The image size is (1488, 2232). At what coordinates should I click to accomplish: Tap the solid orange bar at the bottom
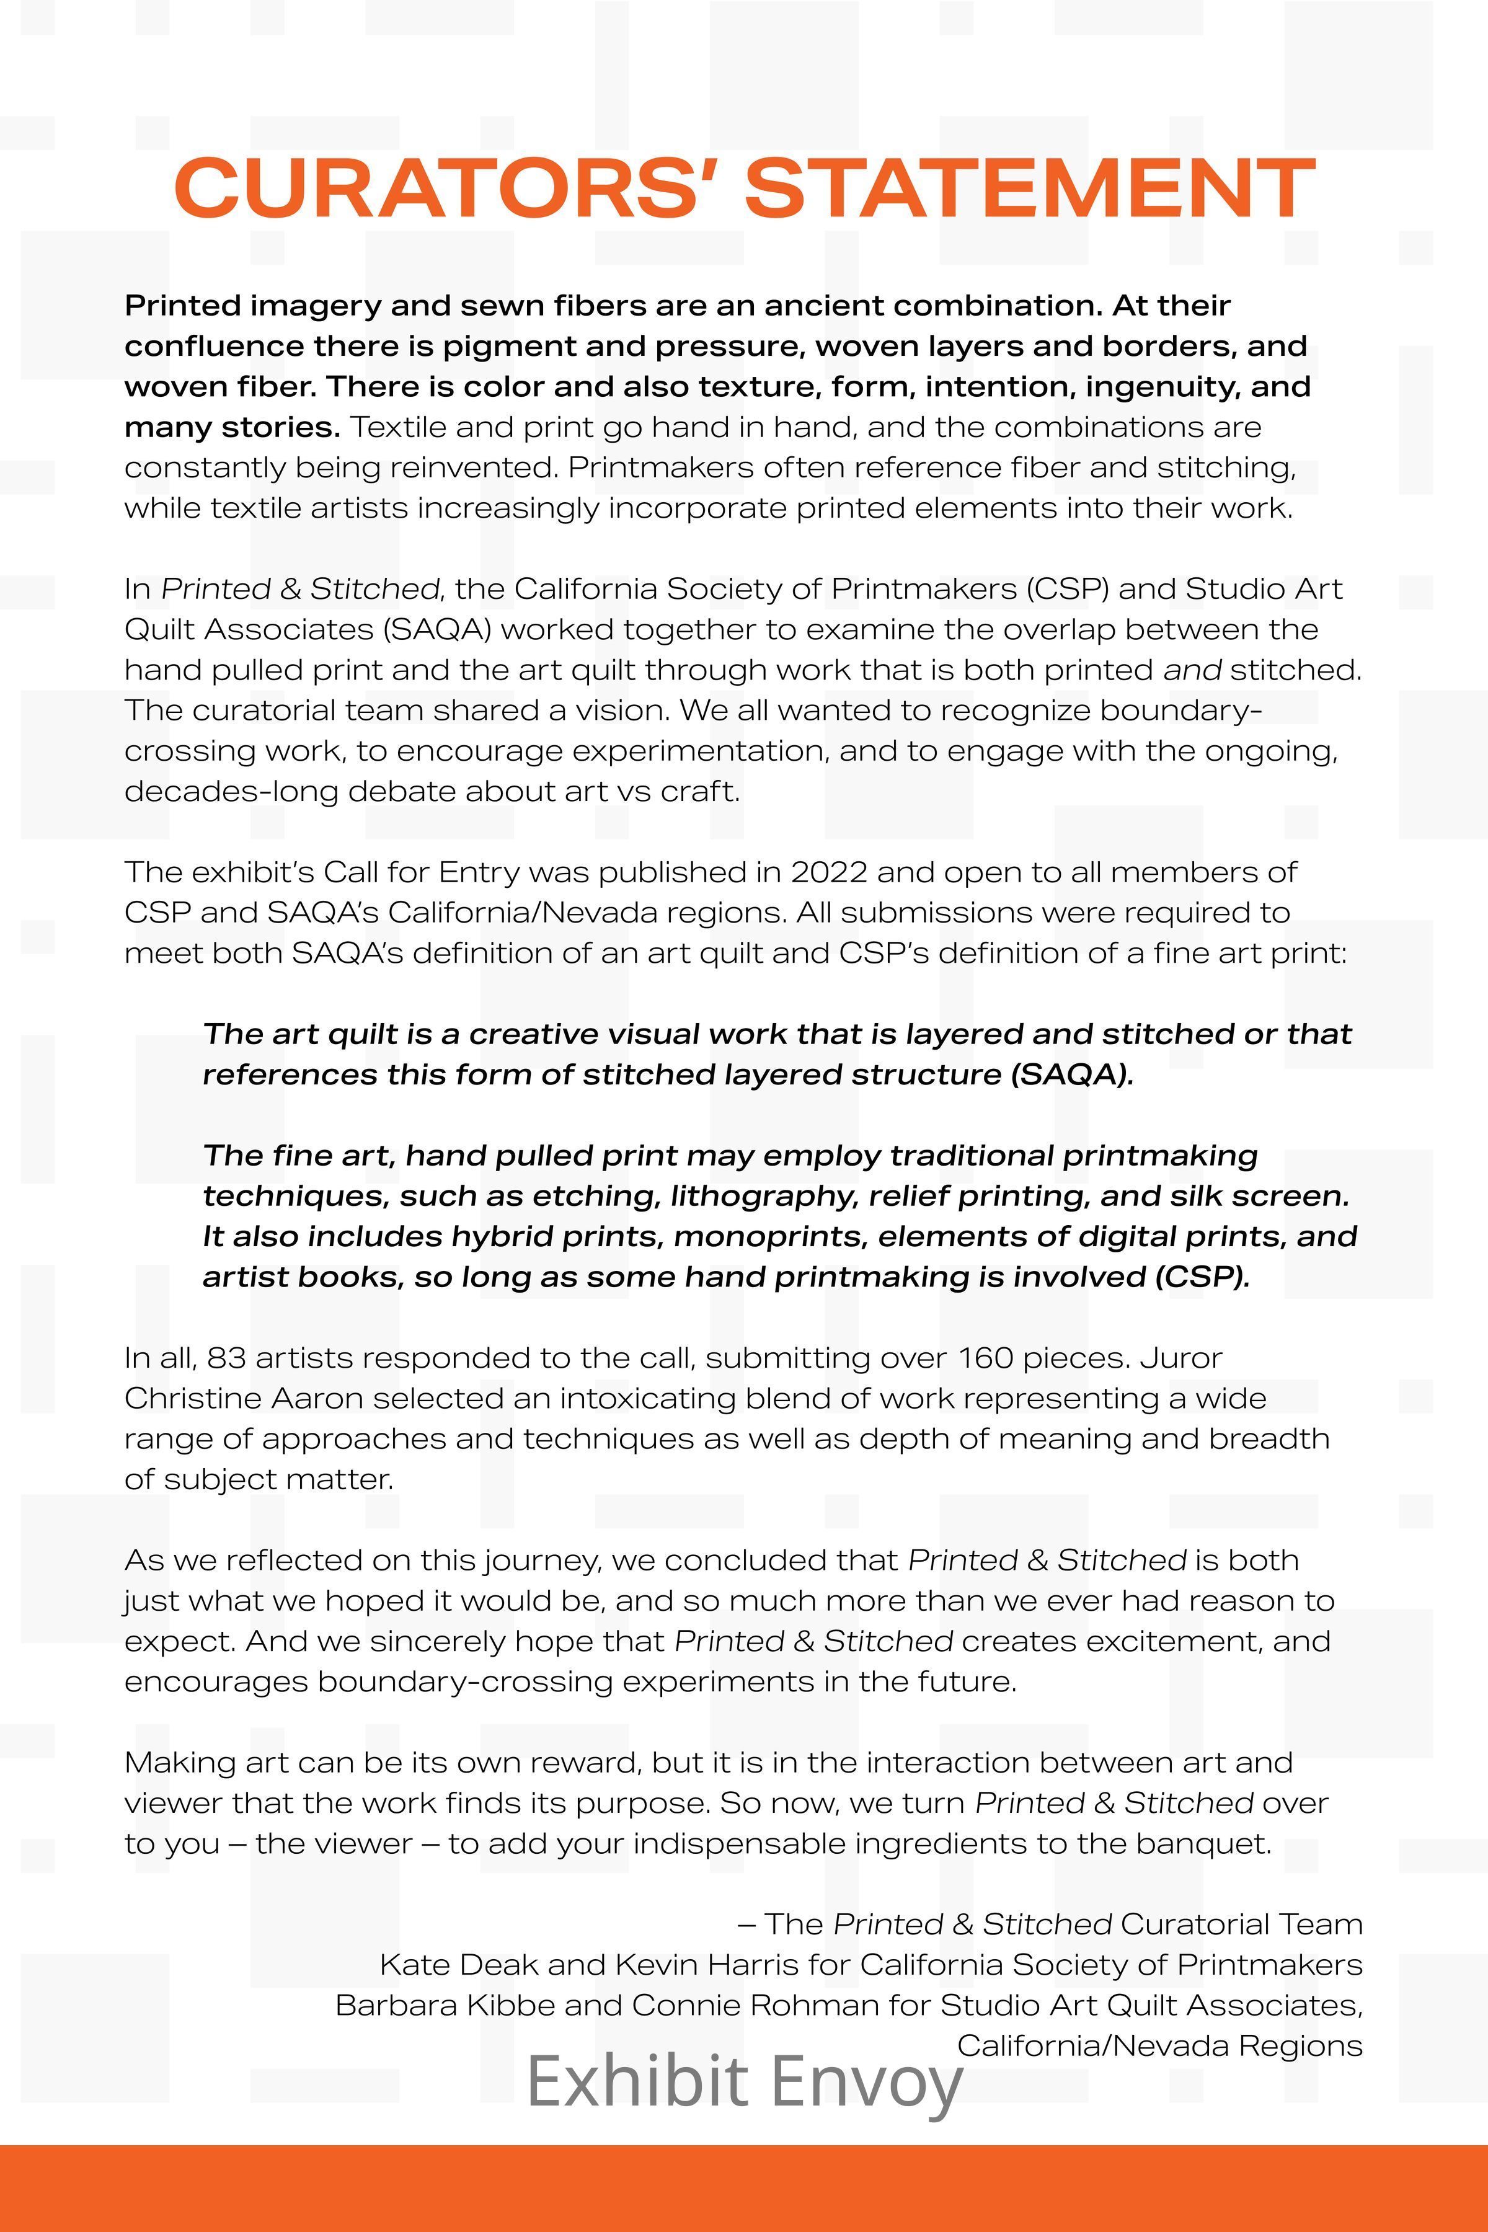coord(744,2187)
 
